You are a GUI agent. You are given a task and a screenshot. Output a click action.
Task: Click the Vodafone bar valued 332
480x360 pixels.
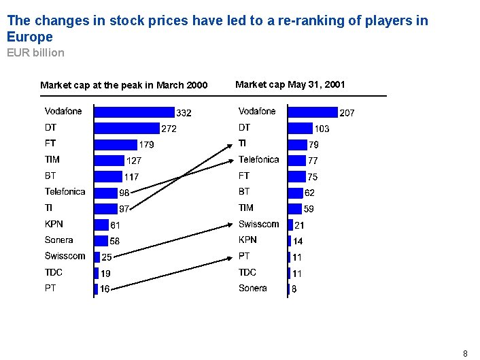click(x=135, y=112)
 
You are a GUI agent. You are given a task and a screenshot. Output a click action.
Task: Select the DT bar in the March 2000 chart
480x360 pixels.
click(x=126, y=128)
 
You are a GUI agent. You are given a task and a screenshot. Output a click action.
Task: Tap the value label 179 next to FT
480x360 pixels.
click(x=146, y=145)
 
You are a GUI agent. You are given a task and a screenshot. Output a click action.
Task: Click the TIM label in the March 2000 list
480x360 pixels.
click(x=52, y=159)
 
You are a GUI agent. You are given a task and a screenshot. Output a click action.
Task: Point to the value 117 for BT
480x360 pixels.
click(x=131, y=177)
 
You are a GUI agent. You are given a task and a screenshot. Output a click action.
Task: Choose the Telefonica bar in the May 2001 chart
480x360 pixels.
click(x=297, y=161)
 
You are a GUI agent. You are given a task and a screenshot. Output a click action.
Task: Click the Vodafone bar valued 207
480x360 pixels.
click(x=313, y=112)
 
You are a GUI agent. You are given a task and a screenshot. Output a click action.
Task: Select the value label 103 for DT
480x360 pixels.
click(x=322, y=129)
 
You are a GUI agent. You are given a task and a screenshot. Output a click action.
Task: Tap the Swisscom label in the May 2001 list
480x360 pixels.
click(x=258, y=224)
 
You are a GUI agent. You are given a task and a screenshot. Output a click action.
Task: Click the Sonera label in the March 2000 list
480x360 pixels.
click(x=59, y=240)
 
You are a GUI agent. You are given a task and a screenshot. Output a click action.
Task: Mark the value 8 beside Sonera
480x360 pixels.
click(x=294, y=289)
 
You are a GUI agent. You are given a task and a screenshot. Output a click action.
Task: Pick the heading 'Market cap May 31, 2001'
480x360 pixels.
click(x=290, y=84)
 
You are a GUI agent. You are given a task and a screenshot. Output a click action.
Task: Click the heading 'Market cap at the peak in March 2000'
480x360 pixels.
click(x=124, y=85)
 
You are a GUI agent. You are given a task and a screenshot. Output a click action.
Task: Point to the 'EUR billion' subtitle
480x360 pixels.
click(x=35, y=52)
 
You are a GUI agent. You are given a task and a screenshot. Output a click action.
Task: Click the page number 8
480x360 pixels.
click(x=465, y=353)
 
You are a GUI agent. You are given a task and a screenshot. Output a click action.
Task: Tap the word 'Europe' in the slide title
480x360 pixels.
click(x=30, y=37)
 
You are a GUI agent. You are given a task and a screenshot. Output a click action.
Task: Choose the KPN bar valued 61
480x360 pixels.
click(x=101, y=224)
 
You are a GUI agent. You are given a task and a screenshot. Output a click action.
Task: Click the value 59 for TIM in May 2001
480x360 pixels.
click(x=309, y=209)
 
